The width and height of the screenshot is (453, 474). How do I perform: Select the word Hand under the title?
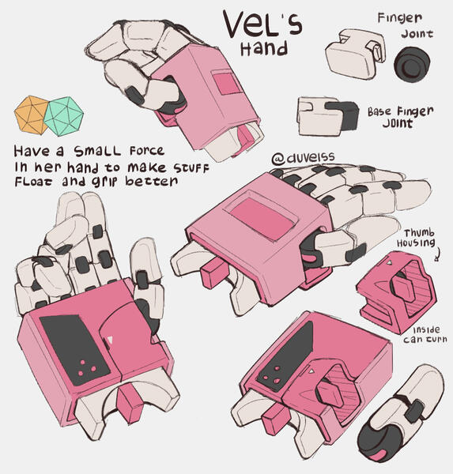264,49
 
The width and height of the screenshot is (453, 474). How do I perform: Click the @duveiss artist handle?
301,160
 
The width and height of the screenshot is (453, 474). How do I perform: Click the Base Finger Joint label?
400,117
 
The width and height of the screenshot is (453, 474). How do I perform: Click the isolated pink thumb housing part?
394,291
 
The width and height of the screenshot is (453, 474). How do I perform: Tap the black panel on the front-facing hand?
67,340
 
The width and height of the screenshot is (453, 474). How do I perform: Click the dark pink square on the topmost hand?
228,82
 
